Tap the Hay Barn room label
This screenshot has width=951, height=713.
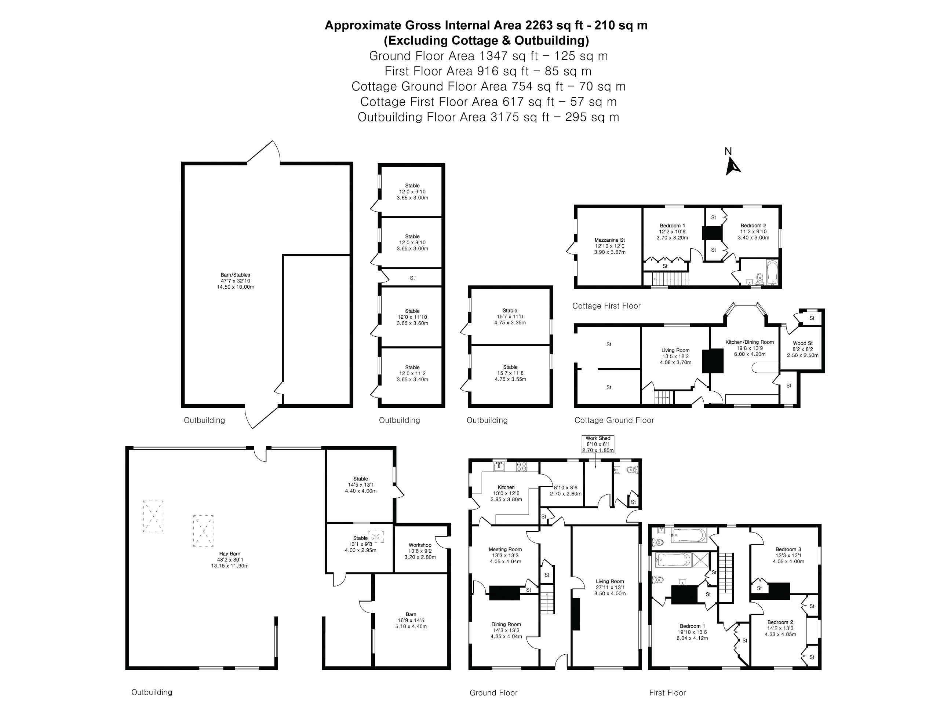pos(230,560)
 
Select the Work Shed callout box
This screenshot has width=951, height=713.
pos(598,444)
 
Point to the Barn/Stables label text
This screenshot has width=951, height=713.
pos(235,281)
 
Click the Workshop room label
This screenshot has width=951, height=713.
pos(420,551)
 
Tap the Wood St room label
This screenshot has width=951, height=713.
pos(802,349)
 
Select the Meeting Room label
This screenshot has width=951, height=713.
pos(505,555)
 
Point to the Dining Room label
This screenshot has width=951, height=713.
pos(506,630)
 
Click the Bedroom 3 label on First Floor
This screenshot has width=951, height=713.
pos(788,555)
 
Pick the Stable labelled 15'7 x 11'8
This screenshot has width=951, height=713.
pos(510,373)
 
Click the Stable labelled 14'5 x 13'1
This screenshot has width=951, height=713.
pos(360,485)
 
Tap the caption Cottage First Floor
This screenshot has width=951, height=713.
pos(606,306)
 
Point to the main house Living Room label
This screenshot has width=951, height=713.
pos(610,587)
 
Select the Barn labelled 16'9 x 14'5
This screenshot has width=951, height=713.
pos(411,620)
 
